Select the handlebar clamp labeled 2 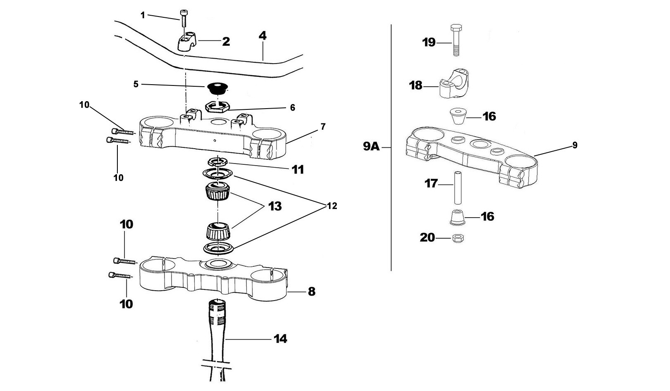tap(186, 41)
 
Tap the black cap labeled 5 tap(217, 88)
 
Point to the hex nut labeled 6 tap(217, 107)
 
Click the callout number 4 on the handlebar tap(262, 36)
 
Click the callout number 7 tap(323, 126)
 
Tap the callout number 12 tap(331, 206)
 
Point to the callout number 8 tap(311, 291)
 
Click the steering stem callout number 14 tap(280, 339)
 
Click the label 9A tap(371, 146)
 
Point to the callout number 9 tap(575, 145)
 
